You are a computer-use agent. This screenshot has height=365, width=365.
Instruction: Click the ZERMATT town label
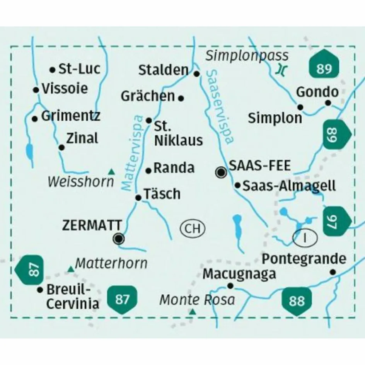pyautogui.click(x=92, y=225)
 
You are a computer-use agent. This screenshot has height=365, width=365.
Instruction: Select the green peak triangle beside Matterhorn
pyautogui.click(x=70, y=269)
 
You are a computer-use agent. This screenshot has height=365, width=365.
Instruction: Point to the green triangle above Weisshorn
pyautogui.click(x=111, y=172)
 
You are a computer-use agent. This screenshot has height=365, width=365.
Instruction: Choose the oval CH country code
pyautogui.click(x=192, y=229)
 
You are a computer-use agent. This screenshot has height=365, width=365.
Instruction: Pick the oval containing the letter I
pyautogui.click(x=305, y=237)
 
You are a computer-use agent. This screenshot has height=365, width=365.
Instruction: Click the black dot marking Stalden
pyautogui.click(x=196, y=73)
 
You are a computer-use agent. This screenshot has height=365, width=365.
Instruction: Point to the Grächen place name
pyautogui.click(x=148, y=96)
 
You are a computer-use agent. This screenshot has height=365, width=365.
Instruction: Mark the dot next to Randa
pyautogui.click(x=148, y=170)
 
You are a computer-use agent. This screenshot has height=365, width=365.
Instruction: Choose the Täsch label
pyautogui.click(x=162, y=194)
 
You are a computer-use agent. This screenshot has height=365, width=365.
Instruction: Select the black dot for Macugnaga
pyautogui.click(x=230, y=286)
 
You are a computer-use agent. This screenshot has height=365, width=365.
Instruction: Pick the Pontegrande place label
pyautogui.click(x=304, y=258)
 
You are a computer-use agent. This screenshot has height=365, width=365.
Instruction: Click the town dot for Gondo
pyautogui.click(x=328, y=102)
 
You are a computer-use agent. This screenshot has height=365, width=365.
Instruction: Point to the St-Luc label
pyautogui.click(x=79, y=69)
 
